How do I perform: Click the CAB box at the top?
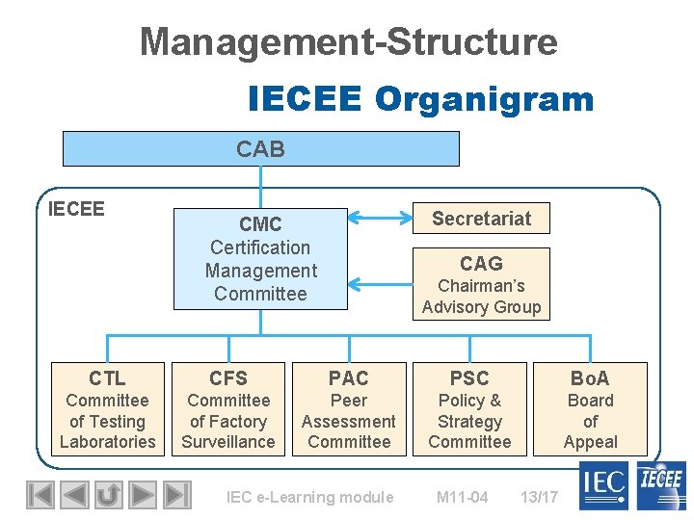click(x=260, y=149)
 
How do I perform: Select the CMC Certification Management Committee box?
click(x=260, y=259)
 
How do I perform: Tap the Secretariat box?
click(x=481, y=219)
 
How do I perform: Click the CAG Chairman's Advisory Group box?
click(x=481, y=284)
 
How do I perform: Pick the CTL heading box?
click(x=107, y=378)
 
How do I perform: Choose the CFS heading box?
click(x=228, y=378)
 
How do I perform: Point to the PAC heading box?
click(x=349, y=378)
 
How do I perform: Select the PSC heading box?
click(x=469, y=378)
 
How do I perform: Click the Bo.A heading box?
click(x=590, y=378)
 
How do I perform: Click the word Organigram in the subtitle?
click(x=484, y=99)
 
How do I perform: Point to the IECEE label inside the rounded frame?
click(x=76, y=208)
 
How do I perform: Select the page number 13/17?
click(x=539, y=497)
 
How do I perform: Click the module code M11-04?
click(x=462, y=497)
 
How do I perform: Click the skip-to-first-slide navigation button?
click(x=40, y=495)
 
